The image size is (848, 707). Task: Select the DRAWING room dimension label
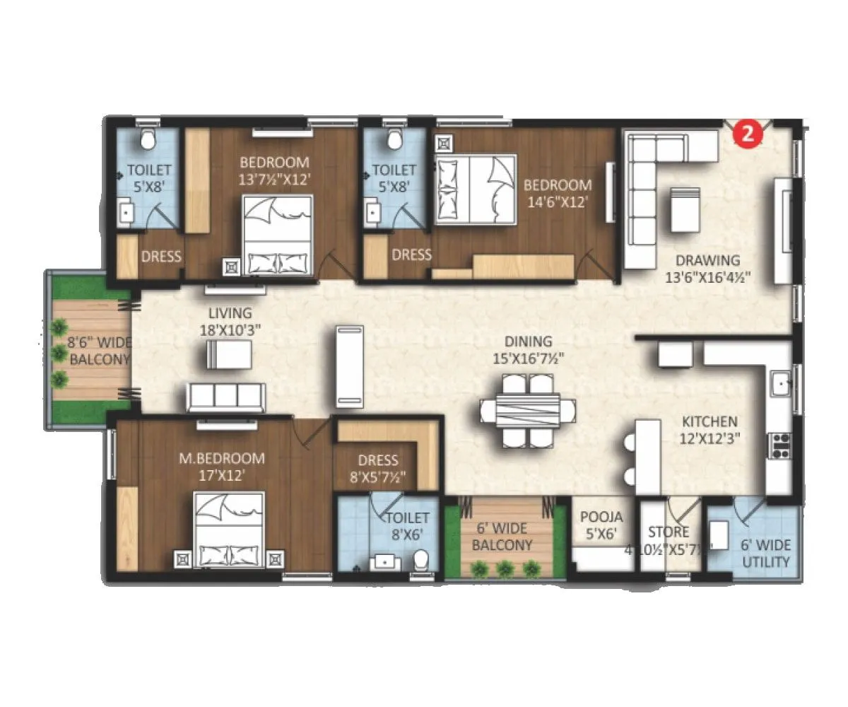(x=707, y=269)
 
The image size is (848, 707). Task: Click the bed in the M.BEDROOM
(x=230, y=530)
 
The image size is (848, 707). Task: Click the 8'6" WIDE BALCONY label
(x=100, y=351)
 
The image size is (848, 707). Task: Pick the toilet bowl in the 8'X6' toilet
(x=421, y=559)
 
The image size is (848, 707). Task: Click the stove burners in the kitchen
(x=780, y=445)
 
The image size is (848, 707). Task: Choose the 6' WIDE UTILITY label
(x=765, y=554)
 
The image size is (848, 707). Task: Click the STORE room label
(x=668, y=532)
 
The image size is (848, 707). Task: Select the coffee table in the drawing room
(x=685, y=209)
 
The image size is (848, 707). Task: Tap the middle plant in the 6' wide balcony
(x=505, y=567)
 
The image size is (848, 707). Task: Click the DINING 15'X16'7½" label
(x=523, y=350)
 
